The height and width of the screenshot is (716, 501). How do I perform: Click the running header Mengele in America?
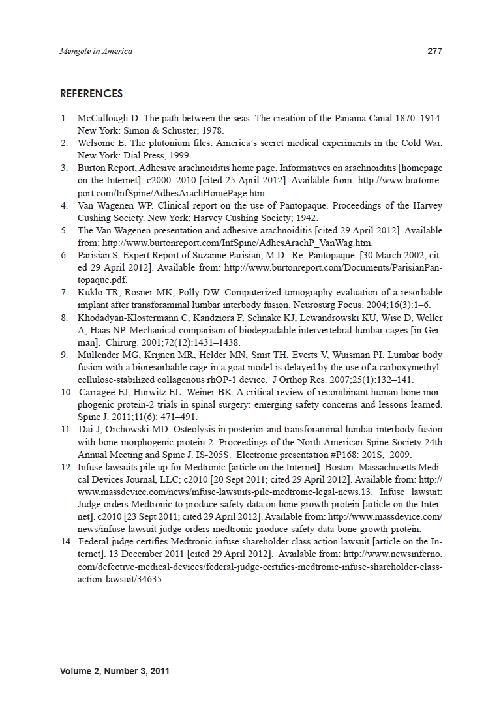95,52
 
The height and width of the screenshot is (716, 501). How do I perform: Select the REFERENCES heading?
91,94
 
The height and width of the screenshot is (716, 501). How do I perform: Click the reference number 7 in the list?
64,292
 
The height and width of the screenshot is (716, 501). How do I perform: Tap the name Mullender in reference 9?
97,355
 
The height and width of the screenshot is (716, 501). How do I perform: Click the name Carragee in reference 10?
100,393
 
